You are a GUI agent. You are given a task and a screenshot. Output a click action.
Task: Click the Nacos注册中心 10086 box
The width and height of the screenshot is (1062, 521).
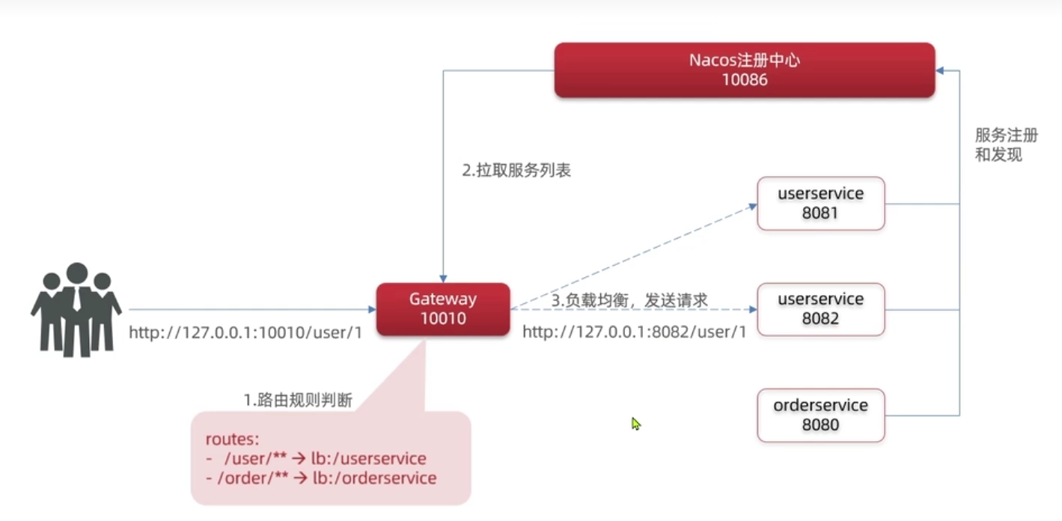click(745, 70)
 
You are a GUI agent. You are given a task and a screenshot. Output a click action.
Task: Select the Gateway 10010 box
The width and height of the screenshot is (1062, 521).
click(443, 309)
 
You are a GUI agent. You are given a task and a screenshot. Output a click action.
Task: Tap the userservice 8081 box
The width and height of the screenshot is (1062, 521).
click(821, 204)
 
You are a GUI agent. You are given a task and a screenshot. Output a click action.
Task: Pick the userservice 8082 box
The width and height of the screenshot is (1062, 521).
click(821, 309)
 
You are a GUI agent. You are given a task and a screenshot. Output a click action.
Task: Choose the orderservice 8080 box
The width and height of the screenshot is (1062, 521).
click(821, 415)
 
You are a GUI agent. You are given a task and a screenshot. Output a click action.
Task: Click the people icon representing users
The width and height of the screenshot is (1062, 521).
click(76, 309)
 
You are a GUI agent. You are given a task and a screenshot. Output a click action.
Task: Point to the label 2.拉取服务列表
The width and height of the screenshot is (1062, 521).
click(516, 170)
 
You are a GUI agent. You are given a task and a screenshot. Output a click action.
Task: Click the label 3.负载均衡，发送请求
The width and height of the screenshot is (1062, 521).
click(629, 300)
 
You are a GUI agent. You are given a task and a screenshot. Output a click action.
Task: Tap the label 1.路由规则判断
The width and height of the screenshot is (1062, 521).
click(298, 400)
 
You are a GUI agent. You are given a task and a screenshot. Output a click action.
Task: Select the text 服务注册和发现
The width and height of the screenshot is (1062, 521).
click(1006, 144)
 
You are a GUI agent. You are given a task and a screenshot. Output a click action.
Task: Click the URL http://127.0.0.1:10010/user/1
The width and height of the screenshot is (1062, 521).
click(245, 332)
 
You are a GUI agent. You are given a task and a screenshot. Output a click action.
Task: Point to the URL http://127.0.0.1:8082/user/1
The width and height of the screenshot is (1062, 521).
click(635, 332)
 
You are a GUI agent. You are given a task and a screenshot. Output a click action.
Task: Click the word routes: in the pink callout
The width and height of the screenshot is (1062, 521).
click(232, 439)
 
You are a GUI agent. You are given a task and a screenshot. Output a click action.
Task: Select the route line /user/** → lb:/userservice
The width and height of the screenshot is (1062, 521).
click(317, 458)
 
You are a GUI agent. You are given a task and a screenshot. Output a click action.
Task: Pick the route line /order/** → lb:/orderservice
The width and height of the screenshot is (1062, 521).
click(322, 478)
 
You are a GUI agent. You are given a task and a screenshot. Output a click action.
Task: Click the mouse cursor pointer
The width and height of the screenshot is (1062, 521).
click(635, 424)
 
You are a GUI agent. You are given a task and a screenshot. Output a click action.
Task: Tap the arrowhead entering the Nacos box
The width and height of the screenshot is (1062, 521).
click(940, 70)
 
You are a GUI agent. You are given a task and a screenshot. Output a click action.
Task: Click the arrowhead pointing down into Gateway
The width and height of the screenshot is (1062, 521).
click(443, 278)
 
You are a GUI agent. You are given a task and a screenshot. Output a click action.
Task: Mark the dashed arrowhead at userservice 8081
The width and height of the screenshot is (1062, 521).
click(753, 206)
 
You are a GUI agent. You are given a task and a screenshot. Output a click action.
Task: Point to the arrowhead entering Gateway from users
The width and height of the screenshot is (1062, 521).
click(372, 310)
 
